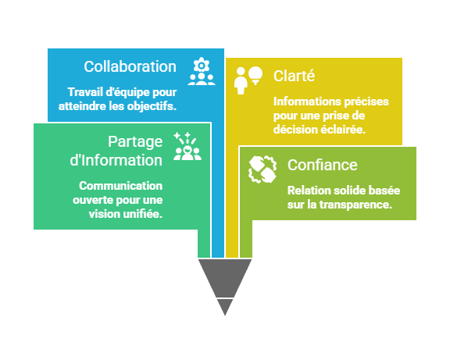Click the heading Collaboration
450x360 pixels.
click(130, 66)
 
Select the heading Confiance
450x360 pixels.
click(322, 165)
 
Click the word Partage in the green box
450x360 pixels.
click(135, 141)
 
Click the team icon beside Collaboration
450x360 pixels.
click(201, 72)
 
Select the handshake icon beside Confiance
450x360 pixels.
click(262, 169)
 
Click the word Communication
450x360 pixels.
click(120, 186)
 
